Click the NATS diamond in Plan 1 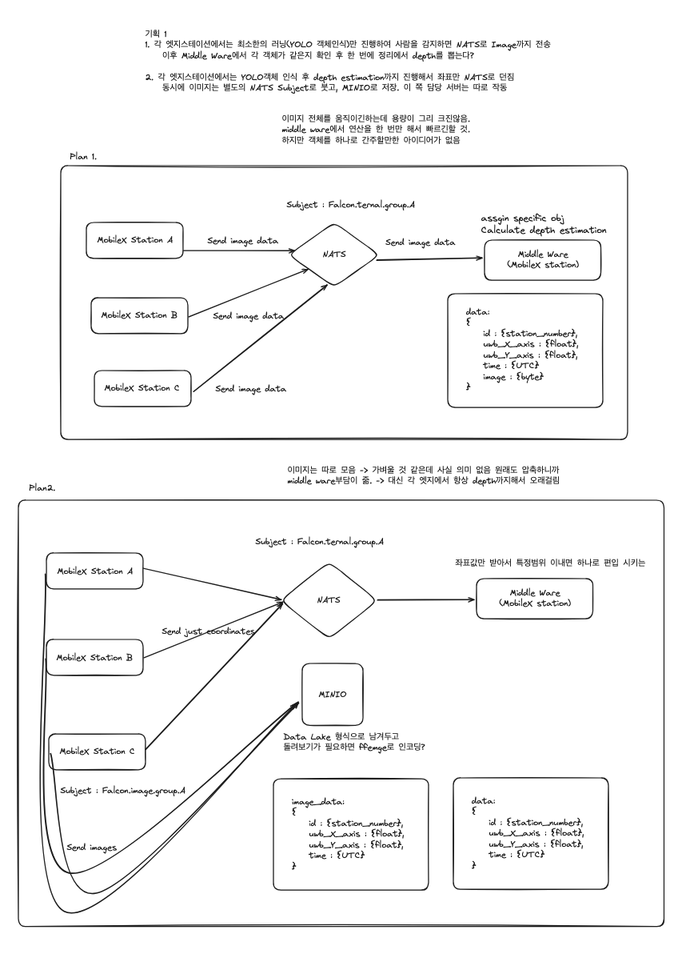point(335,255)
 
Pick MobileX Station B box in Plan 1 point(139,315)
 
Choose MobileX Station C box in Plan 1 point(142,387)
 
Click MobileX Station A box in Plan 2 point(94,571)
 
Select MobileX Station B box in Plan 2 point(94,658)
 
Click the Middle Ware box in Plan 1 point(543,260)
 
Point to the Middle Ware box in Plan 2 point(535,598)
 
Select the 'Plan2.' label point(43,487)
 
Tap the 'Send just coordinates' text point(208,631)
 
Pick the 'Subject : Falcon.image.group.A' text point(123,790)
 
